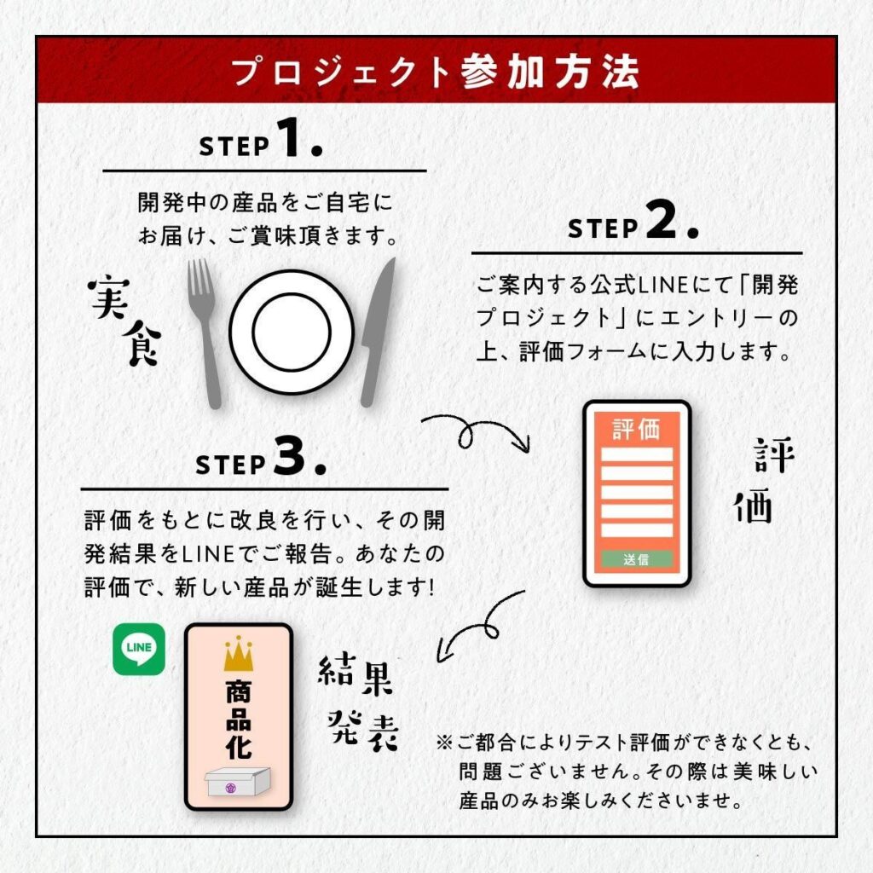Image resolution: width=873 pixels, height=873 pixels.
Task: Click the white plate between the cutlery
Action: tap(291, 332)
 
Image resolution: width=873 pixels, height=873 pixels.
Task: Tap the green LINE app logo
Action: tap(139, 649)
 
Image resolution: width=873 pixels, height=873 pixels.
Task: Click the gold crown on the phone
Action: tap(239, 653)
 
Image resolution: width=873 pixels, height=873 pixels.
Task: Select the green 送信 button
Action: tap(636, 560)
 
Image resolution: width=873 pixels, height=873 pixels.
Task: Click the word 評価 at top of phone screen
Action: tap(636, 429)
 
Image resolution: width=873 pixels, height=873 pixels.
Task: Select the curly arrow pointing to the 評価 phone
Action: tap(474, 431)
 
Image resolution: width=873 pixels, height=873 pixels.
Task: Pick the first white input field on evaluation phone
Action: tap(636, 454)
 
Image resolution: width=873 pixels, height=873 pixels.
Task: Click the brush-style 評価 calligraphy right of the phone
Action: tap(764, 482)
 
